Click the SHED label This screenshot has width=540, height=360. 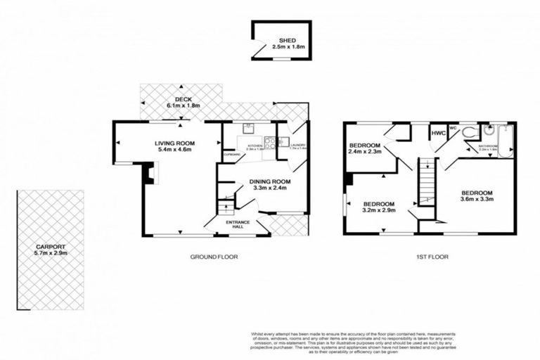click(x=285, y=40)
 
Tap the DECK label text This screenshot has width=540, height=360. click(x=183, y=99)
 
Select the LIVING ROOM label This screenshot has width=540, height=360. click(x=175, y=143)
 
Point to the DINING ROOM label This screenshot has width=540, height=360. click(x=269, y=181)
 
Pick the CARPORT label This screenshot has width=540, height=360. click(x=50, y=247)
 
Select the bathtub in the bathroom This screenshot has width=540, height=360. click(x=503, y=139)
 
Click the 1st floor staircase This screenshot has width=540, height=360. click(x=425, y=181)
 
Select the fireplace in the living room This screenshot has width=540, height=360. click(x=148, y=174)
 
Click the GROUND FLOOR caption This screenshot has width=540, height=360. click(x=214, y=257)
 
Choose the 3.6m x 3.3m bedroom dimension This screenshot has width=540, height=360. click(x=477, y=200)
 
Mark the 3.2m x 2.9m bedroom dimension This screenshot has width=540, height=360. click(x=378, y=210)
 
